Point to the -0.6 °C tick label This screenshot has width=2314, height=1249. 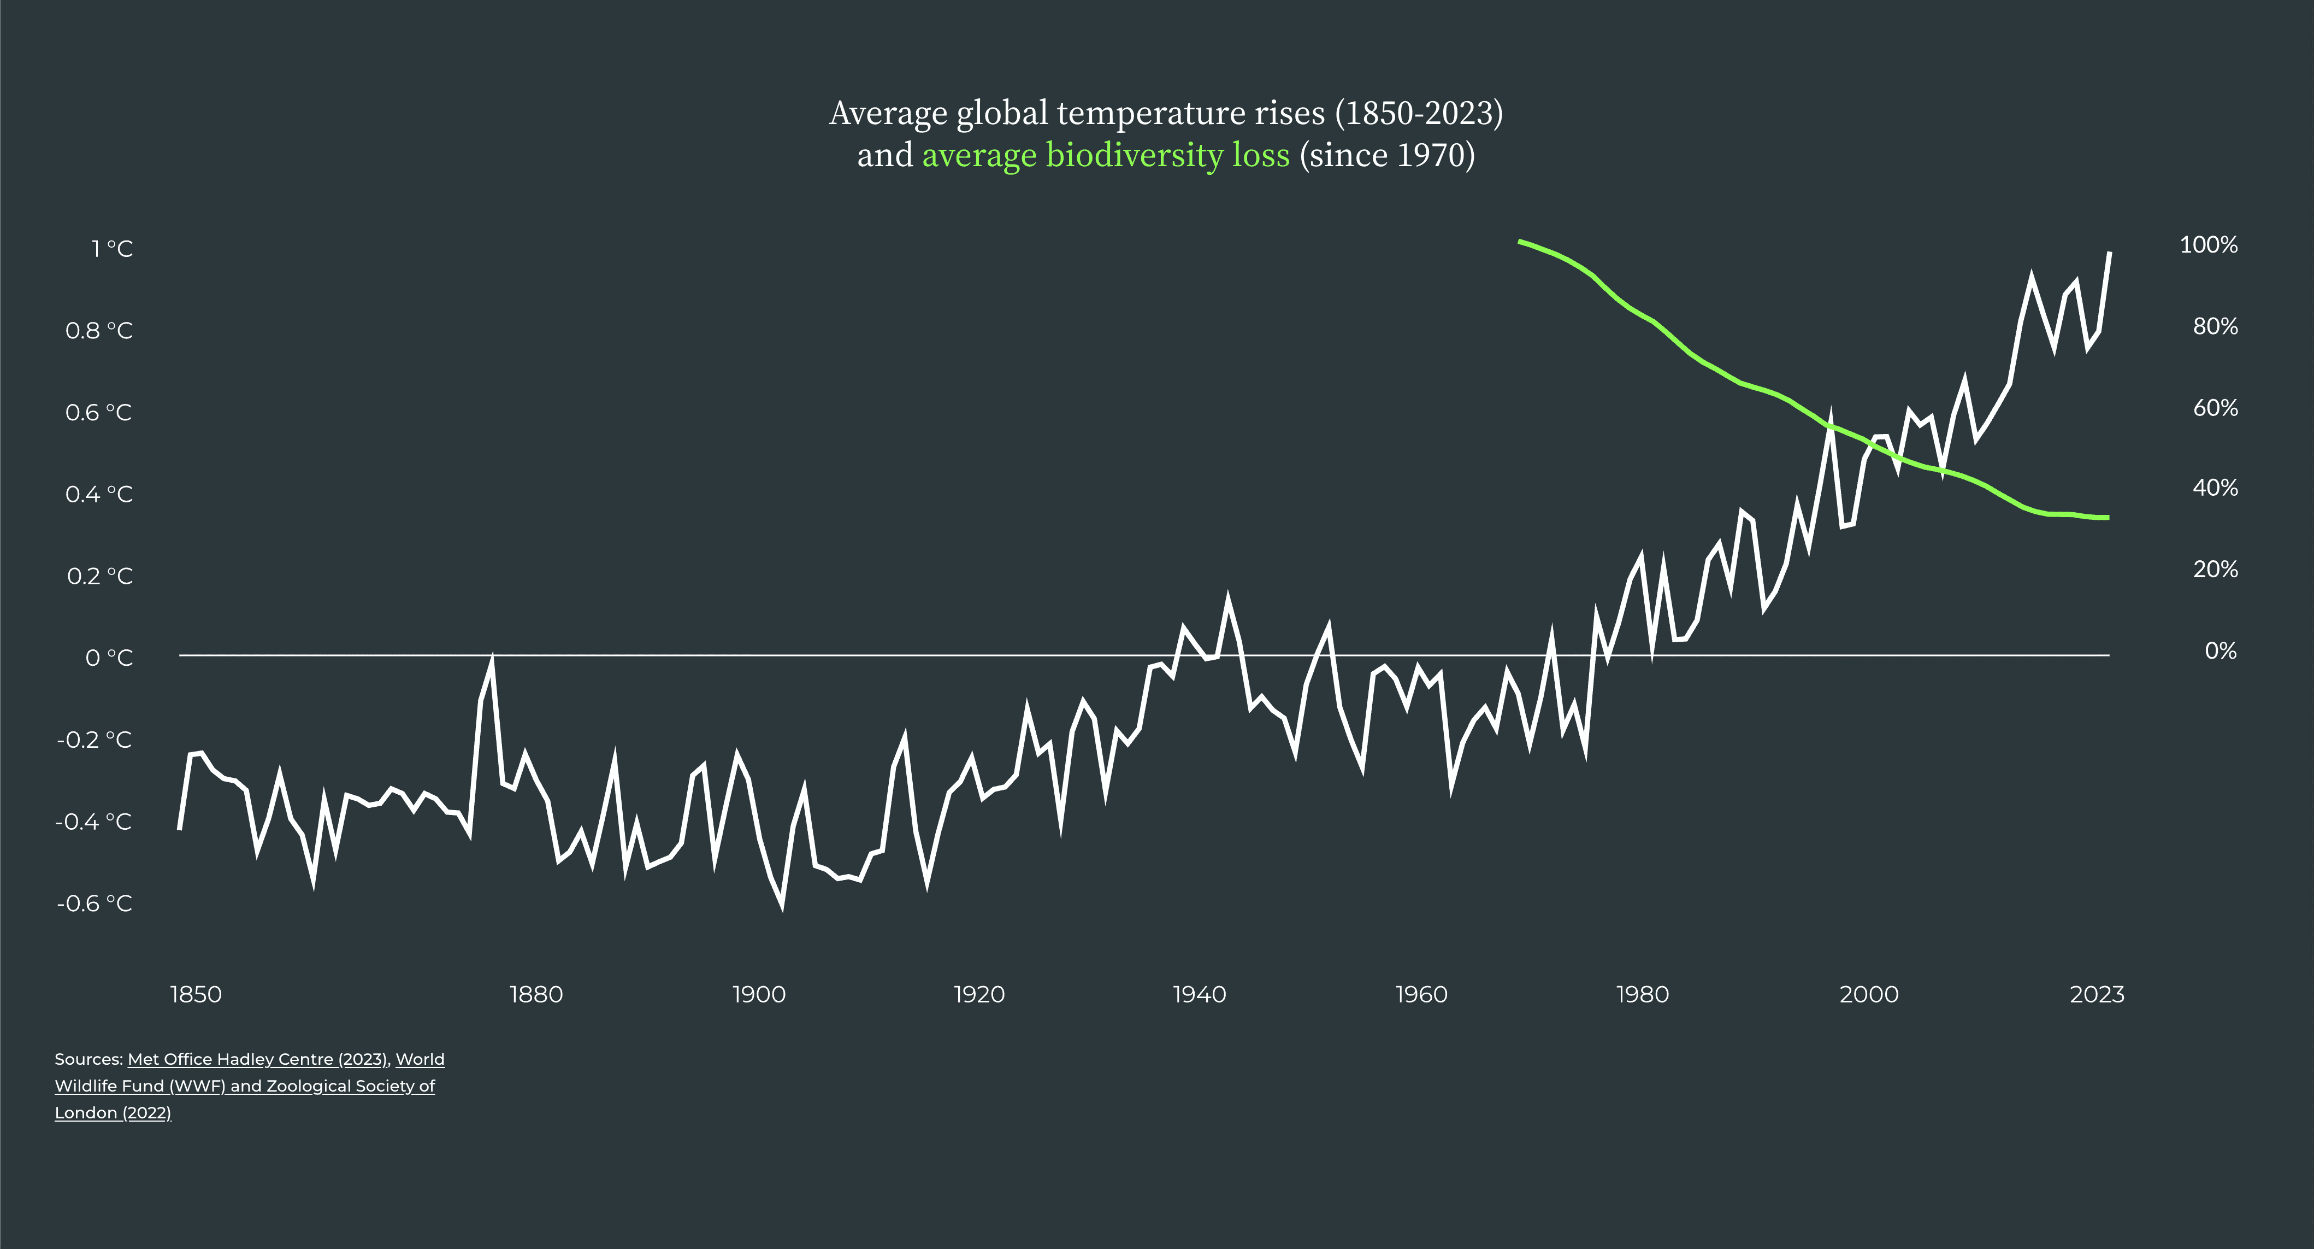point(95,903)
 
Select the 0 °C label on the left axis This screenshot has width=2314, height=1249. point(109,658)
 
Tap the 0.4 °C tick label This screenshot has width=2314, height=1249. point(99,494)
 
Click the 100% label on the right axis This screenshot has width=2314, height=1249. point(2208,244)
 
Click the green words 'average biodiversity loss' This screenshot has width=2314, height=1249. point(1106,155)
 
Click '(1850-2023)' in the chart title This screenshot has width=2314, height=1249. point(1419,113)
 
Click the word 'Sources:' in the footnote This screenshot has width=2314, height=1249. point(88,1059)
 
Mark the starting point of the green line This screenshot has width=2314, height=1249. point(1520,241)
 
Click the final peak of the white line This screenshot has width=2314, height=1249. point(2109,254)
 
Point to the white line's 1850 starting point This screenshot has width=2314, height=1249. point(180,829)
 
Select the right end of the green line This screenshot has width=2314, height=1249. point(2108,518)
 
